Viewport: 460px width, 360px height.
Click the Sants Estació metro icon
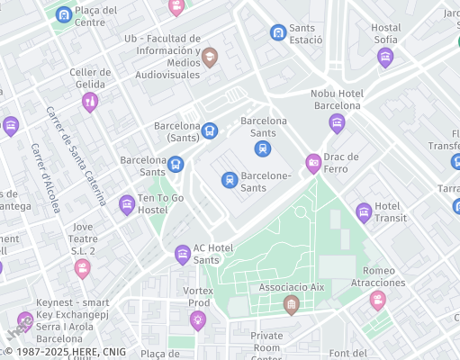[278, 32]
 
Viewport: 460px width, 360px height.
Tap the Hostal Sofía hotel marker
[385, 58]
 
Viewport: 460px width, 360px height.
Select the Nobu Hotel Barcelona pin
[337, 123]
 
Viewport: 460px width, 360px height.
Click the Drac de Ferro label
[341, 163]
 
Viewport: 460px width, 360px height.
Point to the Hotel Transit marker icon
[364, 212]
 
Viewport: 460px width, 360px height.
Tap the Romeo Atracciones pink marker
[377, 300]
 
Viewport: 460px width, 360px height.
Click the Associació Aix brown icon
[291, 306]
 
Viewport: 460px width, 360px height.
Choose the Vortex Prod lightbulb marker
[197, 320]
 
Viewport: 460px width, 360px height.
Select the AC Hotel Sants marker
[183, 255]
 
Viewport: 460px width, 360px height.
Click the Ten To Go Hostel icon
[127, 204]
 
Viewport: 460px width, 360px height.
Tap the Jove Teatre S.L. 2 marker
[83, 268]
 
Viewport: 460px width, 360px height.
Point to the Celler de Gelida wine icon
[89, 102]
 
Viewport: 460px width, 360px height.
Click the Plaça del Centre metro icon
[63, 14]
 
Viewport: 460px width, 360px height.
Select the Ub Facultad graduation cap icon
[210, 58]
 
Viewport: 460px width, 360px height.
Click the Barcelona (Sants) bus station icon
[209, 130]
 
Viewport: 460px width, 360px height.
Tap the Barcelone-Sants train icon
[230, 180]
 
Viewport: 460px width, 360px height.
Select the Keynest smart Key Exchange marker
[26, 320]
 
